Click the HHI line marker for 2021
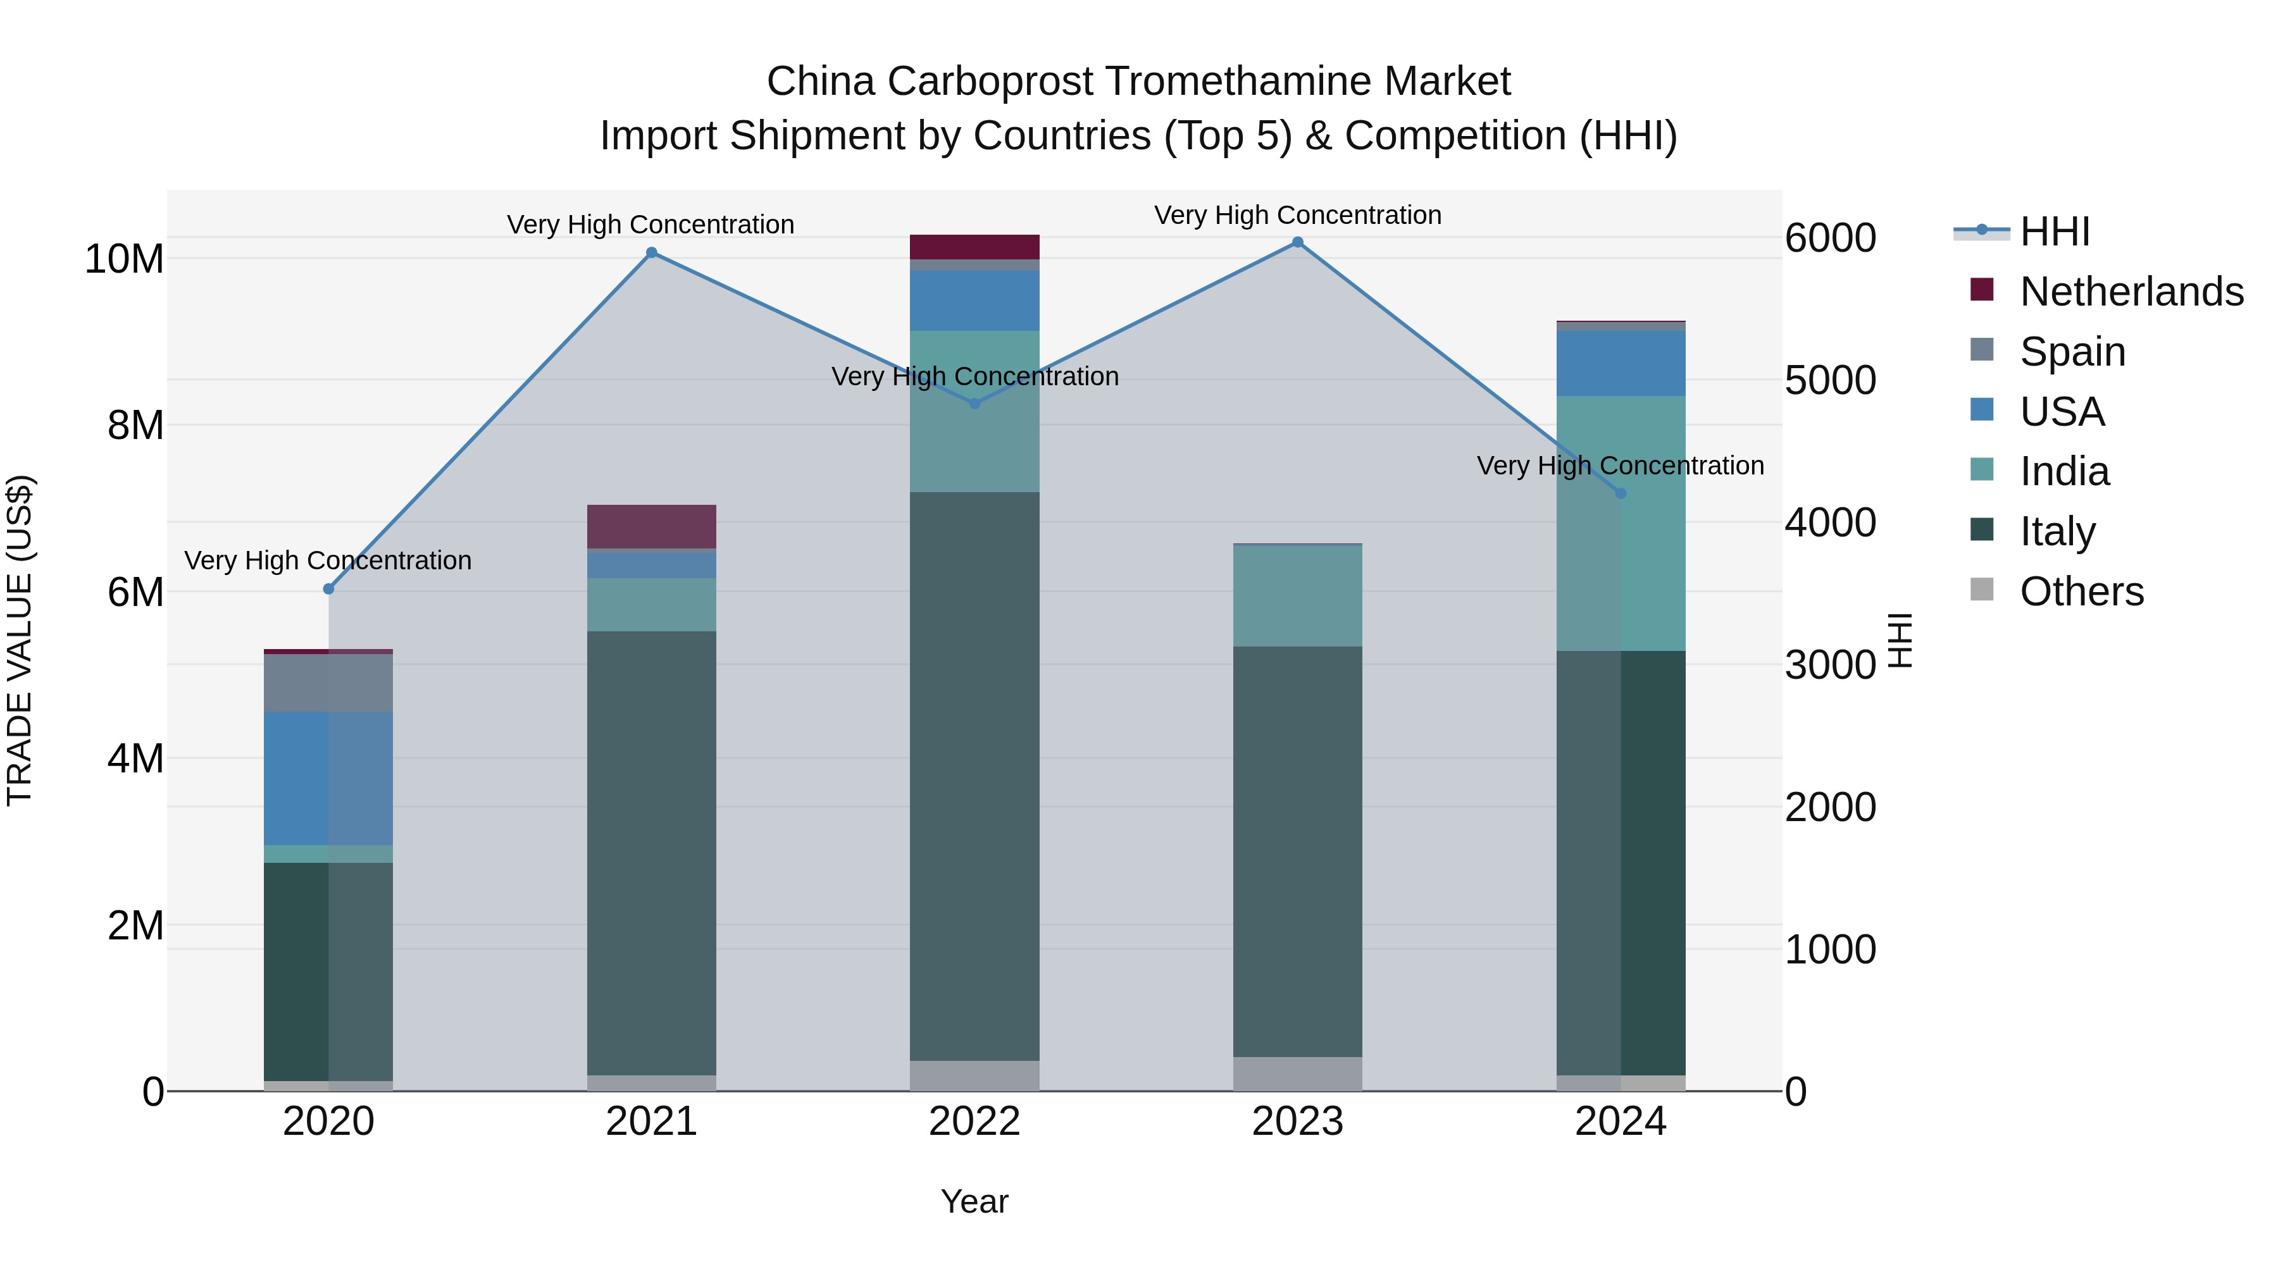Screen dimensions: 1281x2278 [x=652, y=253]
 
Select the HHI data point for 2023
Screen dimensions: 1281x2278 [x=1297, y=242]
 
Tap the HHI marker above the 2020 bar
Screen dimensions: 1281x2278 [x=329, y=589]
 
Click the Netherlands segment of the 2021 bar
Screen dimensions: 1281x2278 [x=652, y=526]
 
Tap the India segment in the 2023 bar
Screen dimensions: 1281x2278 [x=1297, y=596]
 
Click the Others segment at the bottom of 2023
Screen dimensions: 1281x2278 [x=1297, y=1074]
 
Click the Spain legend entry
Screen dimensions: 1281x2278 [x=2072, y=352]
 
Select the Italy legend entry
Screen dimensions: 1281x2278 [x=2057, y=531]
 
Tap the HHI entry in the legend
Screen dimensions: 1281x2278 [x=2054, y=232]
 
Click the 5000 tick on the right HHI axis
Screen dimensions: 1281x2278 [x=1829, y=380]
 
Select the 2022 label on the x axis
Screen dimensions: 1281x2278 [x=974, y=1122]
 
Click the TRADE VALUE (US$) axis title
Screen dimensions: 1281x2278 [x=20, y=640]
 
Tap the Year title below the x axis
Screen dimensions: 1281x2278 [x=974, y=1201]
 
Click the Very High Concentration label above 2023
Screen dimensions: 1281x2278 [x=1297, y=215]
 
